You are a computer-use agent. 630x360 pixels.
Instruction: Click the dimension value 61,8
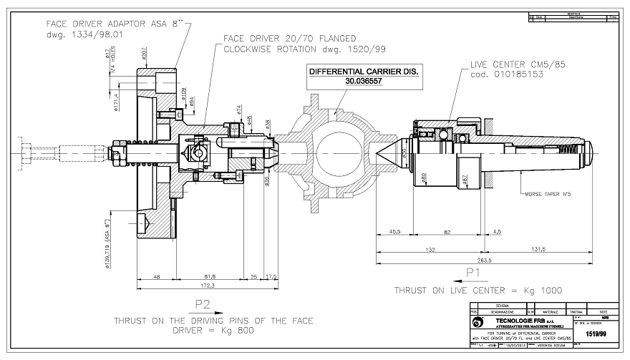click(x=210, y=276)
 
